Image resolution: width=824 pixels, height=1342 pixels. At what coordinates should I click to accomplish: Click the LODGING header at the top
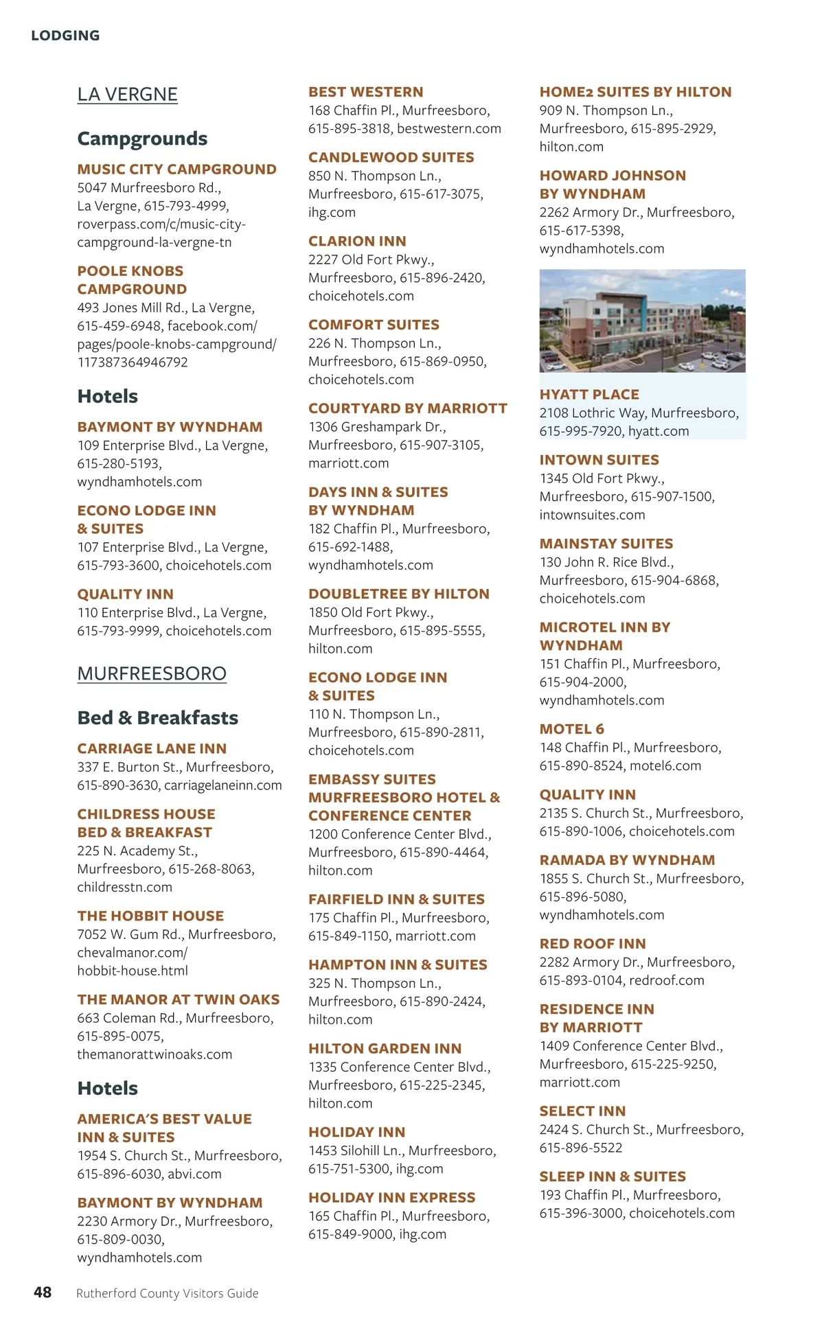[x=65, y=36]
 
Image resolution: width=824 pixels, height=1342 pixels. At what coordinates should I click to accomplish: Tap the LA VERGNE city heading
[x=127, y=95]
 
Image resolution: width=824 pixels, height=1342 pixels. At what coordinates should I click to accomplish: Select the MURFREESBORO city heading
[x=152, y=673]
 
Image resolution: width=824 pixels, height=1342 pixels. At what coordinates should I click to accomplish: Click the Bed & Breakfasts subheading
[x=157, y=717]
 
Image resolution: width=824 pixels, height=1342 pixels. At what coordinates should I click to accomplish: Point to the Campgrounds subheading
[x=142, y=139]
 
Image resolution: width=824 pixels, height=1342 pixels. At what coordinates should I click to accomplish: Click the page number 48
[x=43, y=1293]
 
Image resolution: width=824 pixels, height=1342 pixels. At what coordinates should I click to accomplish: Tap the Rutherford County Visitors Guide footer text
[x=167, y=1293]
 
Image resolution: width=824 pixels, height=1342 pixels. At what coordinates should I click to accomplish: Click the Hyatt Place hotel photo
[x=642, y=321]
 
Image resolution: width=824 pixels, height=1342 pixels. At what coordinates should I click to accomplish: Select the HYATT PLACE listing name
[x=589, y=395]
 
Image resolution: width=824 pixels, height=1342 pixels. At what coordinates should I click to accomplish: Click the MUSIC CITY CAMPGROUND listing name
[x=176, y=170]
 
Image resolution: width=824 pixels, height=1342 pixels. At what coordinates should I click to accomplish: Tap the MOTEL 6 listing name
[x=571, y=729]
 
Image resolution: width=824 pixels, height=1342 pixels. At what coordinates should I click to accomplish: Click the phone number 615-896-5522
[x=580, y=1148]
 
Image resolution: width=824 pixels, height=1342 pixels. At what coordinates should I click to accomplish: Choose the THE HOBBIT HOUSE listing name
[x=150, y=916]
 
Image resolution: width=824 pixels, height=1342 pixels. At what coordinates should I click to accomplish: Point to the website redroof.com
[x=667, y=980]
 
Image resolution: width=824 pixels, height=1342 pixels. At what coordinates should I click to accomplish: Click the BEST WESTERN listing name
[x=365, y=92]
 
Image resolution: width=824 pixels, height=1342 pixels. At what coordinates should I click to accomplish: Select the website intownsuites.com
[x=592, y=515]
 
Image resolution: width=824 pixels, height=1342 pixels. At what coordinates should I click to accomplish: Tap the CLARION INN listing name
[x=357, y=242]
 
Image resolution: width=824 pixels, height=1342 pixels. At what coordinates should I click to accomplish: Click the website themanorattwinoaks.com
[x=154, y=1054]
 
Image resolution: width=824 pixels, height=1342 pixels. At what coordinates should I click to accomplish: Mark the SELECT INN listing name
[x=582, y=1111]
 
